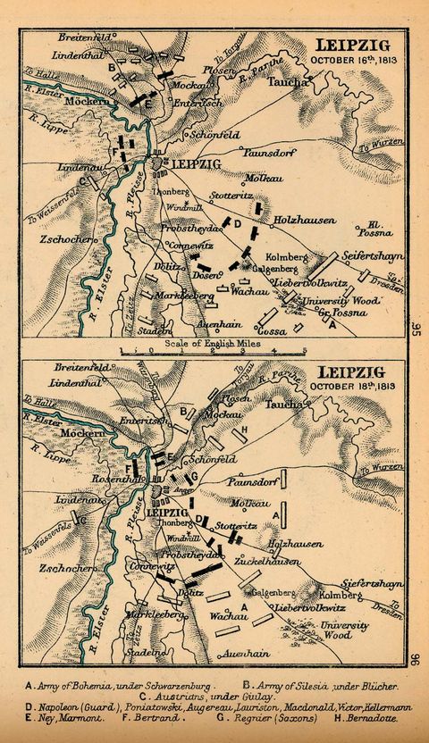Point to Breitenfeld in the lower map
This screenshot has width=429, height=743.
(x=61, y=367)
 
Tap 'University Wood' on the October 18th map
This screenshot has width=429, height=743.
(x=343, y=630)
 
